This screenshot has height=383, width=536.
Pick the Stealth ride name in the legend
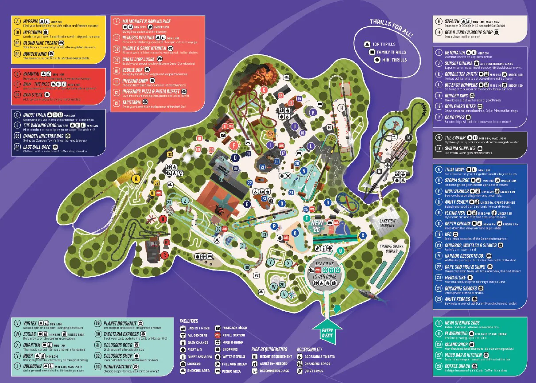(x=451, y=20)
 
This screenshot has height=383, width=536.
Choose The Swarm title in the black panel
(x=454, y=138)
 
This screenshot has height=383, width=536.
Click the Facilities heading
(x=189, y=321)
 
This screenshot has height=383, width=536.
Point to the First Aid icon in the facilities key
(x=183, y=349)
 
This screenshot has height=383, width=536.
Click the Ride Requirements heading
(x=269, y=349)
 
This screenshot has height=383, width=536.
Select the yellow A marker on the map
(x=136, y=178)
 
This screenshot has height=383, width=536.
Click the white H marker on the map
(x=341, y=108)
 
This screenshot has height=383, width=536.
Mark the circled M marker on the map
(x=409, y=137)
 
